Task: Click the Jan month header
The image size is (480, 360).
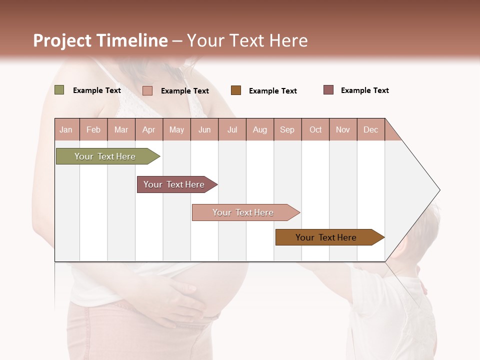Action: (66, 129)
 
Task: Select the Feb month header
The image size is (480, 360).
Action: (93, 129)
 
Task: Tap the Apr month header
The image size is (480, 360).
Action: (149, 129)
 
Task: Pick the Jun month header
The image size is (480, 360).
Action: (204, 129)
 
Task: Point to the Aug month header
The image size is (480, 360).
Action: (260, 129)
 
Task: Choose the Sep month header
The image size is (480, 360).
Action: (287, 129)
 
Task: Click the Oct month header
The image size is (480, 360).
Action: (315, 129)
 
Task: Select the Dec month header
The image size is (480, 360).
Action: (371, 129)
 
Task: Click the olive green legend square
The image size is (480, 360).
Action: (59, 90)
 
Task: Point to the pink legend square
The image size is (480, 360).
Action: (147, 90)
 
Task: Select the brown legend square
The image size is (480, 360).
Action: (236, 90)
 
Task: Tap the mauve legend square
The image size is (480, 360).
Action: (328, 90)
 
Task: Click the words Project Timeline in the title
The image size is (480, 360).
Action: (100, 40)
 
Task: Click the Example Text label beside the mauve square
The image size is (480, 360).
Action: (364, 90)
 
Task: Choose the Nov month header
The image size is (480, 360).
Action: (343, 129)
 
